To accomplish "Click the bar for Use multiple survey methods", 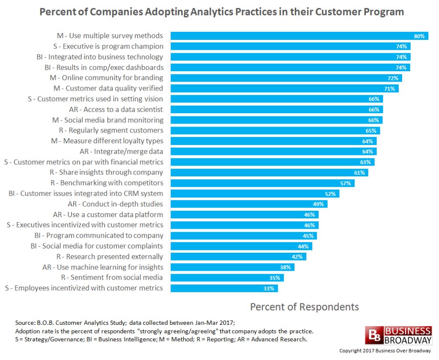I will click(292, 36).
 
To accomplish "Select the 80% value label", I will click(419, 36).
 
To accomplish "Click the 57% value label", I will click(346, 183).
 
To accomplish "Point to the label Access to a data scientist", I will click(116, 109).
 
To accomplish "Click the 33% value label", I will click(269, 288).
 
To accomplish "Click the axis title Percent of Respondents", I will click(304, 307).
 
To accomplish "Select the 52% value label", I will click(330, 194).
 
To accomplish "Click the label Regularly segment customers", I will click(111, 130).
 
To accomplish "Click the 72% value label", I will click(393, 78).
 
